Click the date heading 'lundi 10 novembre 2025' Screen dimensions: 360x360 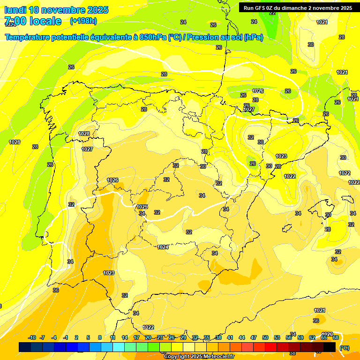[56, 10]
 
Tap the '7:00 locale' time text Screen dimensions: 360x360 [33, 21]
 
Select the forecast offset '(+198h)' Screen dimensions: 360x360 [83, 21]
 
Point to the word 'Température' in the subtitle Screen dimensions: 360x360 [29, 37]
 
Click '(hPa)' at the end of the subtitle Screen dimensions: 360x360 [253, 37]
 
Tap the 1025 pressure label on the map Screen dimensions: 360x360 [142, 207]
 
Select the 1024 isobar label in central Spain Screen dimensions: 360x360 [163, 247]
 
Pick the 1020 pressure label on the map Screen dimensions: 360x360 [327, 334]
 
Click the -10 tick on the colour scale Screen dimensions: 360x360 [32, 337]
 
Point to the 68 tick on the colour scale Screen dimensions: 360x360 [336, 337]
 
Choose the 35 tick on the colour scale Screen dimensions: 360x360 [207, 337]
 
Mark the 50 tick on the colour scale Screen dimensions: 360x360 [265, 337]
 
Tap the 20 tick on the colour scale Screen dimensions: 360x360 [148, 337]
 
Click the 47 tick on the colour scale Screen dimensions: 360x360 [254, 337]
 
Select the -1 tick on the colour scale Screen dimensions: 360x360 [66, 337]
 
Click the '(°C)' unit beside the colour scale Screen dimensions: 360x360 [345, 348]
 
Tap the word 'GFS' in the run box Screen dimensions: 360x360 [261, 7]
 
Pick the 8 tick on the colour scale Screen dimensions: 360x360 [100, 337]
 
